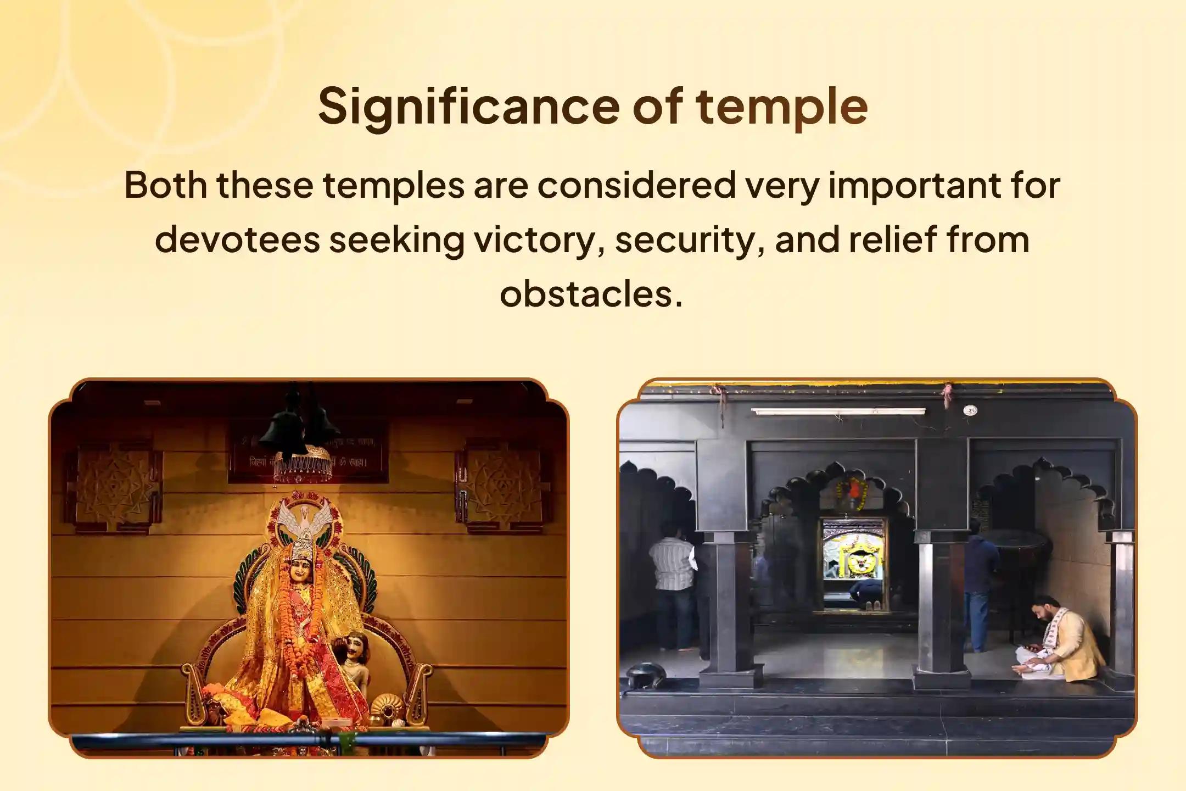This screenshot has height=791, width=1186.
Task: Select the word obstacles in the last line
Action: [x=591, y=293]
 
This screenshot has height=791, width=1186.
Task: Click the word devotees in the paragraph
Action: [x=237, y=240]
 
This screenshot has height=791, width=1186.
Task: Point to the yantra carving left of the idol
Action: [x=113, y=484]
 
